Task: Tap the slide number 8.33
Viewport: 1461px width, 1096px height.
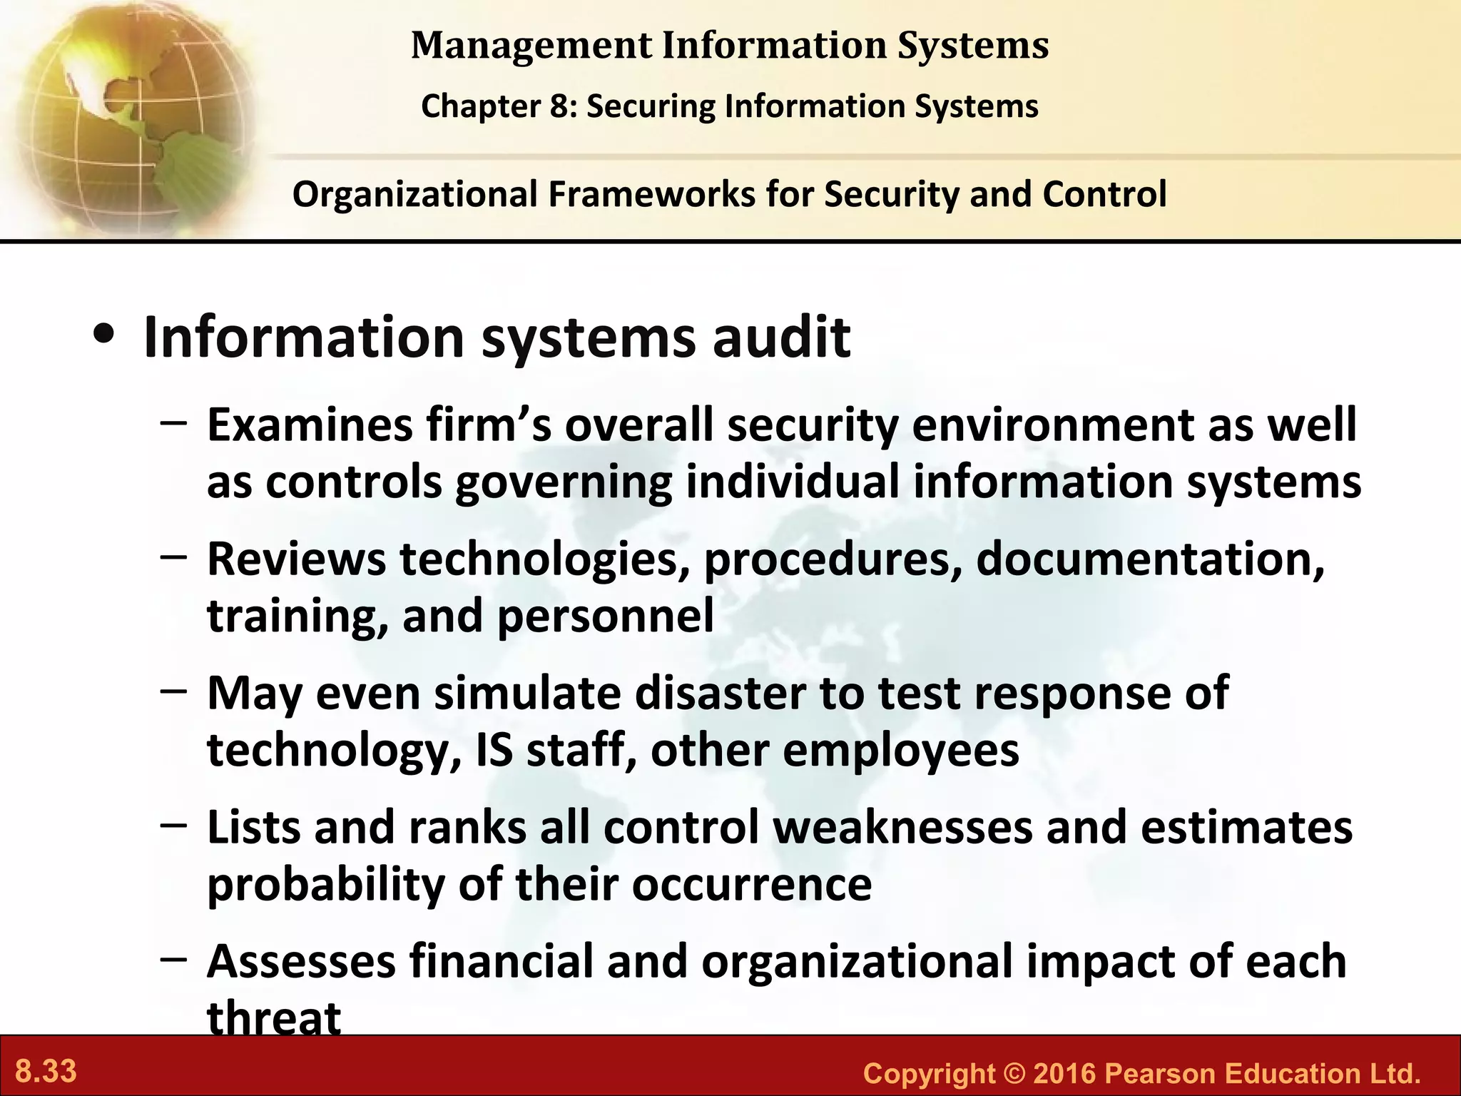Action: (46, 1072)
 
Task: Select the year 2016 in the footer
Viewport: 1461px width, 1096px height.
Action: (1064, 1073)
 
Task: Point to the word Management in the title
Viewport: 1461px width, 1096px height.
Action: (531, 46)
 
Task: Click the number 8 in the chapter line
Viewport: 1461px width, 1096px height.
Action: (558, 107)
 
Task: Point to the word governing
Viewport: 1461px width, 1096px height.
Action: (564, 484)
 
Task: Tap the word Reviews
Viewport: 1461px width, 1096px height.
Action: (296, 559)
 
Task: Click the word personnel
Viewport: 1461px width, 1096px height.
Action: (605, 616)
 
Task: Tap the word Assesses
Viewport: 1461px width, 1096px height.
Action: (301, 962)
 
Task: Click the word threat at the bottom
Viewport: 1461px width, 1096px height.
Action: (274, 1018)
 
